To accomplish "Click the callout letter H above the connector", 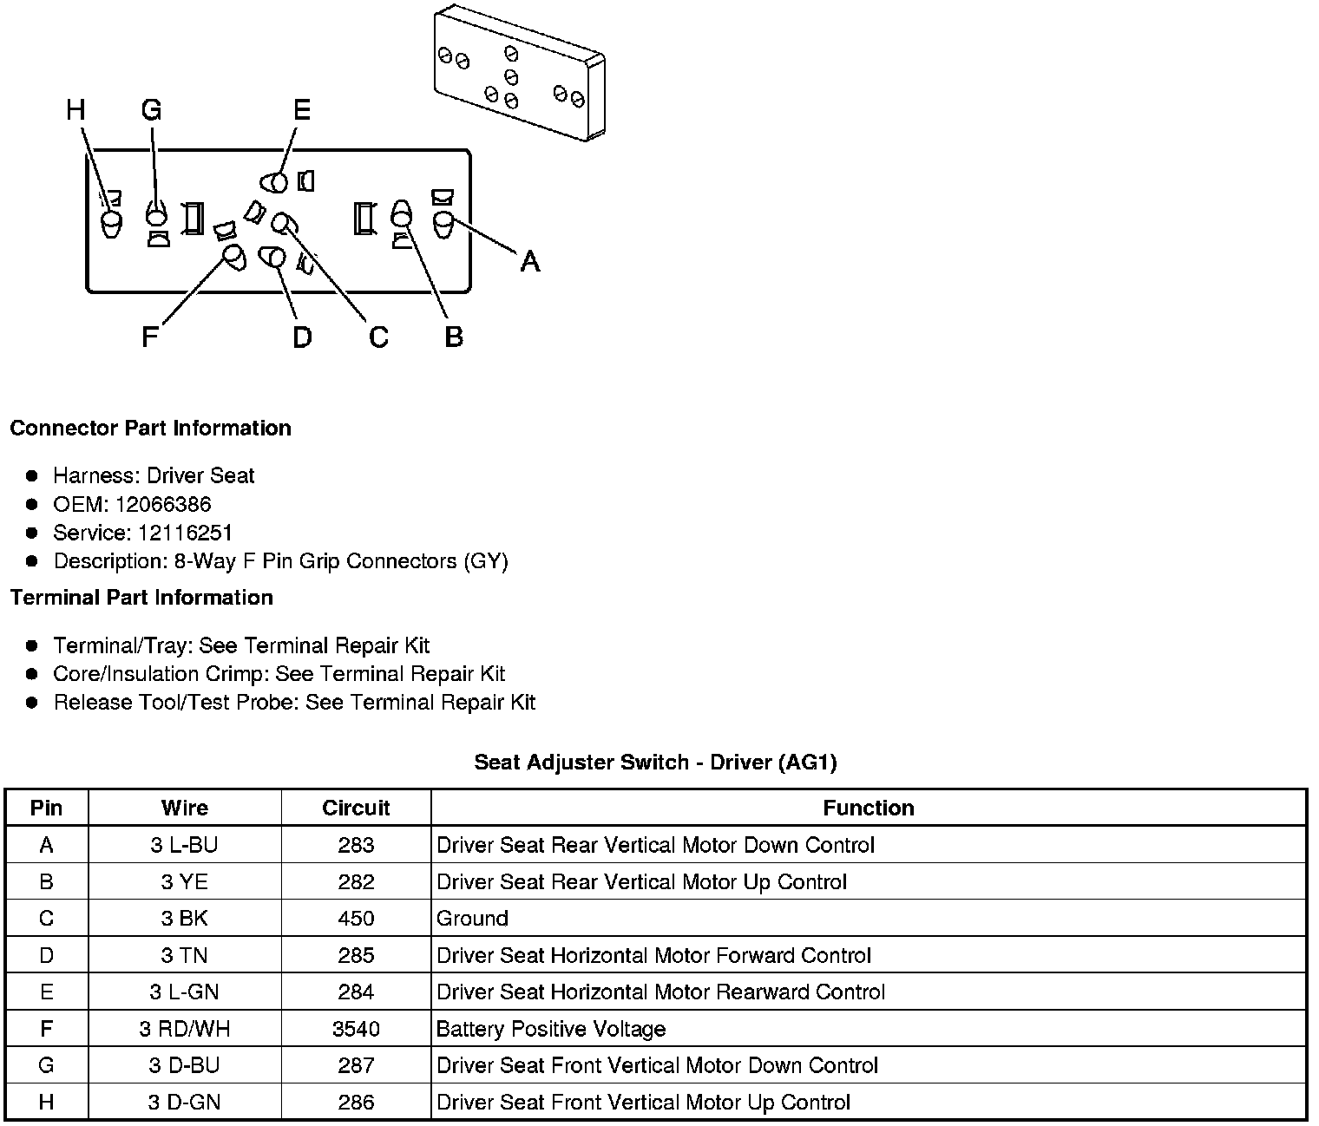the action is coord(76,110).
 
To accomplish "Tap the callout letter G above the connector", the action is coord(151,110).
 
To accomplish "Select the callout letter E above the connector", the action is coord(301,110).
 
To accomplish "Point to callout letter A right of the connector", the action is coord(529,260).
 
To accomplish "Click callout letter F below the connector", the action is coord(150,337).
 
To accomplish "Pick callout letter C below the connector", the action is coord(378,337).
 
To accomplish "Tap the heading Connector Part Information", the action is coord(150,429).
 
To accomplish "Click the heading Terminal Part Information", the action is coord(141,598).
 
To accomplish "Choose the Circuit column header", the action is coord(356,808).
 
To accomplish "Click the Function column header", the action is coord(868,808).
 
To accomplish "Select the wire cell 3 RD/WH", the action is coord(184,1029).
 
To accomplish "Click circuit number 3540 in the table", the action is coord(356,1029).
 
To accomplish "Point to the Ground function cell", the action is coord(472,918).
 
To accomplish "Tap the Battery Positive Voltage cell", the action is coord(551,1029).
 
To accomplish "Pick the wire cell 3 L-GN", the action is coord(184,992).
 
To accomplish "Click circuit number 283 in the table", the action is coord(356,845).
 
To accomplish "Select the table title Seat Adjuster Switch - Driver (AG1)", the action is coord(655,763).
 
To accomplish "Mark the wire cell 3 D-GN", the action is coord(184,1103).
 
